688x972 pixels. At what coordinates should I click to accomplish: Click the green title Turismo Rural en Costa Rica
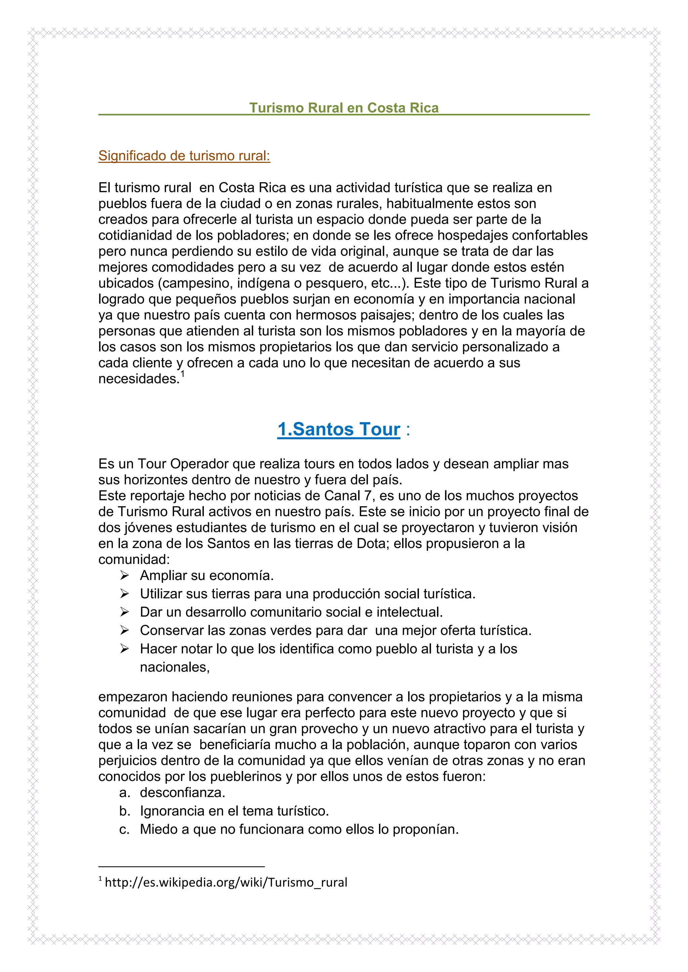(344, 108)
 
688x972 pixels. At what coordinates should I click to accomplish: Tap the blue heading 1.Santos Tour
(339, 429)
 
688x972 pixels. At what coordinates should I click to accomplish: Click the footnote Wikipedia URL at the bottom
(226, 882)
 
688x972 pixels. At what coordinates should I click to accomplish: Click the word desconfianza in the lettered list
(183, 792)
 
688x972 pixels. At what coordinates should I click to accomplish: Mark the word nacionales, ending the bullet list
(175, 667)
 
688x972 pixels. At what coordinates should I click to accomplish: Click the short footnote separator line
(181, 867)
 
